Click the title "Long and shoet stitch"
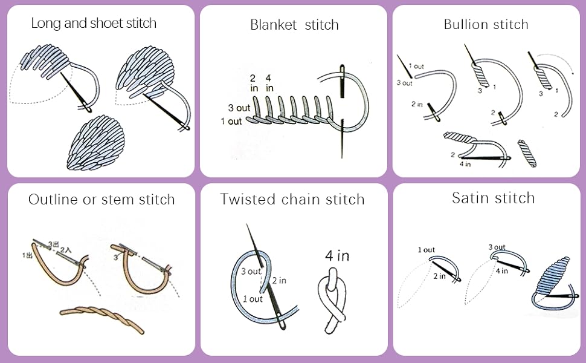coord(94,24)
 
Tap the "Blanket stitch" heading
coord(294,25)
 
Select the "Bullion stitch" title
coord(486,24)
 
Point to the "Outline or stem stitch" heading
coord(101,199)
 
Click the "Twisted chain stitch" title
coord(292,199)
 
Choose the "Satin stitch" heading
coord(493,198)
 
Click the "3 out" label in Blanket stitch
coord(239,108)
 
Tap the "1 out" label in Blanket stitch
coord(231,121)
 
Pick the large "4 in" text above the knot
coord(337,256)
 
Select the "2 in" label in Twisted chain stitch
coord(279,280)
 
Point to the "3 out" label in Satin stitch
coord(497,247)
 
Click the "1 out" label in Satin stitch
coord(426,250)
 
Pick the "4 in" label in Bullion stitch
coord(465,163)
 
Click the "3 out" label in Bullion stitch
coord(404,83)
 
